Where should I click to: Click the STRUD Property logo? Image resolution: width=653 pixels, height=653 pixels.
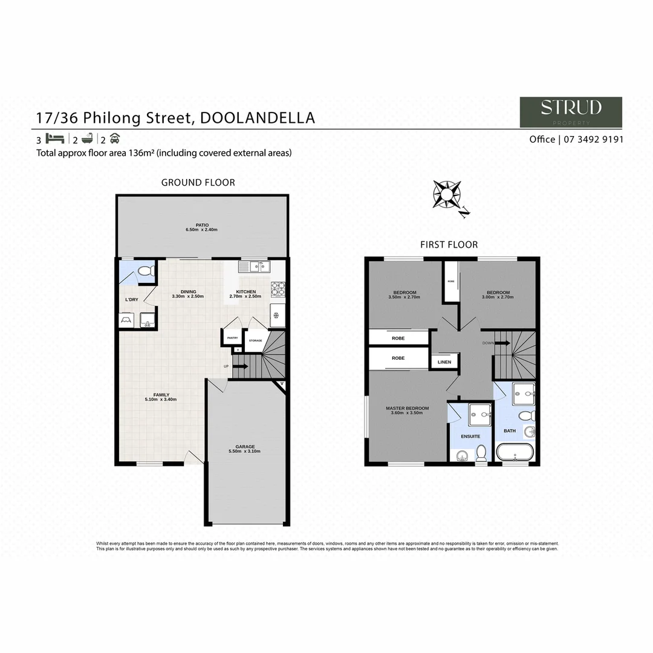tap(571, 112)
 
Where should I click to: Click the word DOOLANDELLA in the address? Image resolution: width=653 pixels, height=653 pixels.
tap(257, 117)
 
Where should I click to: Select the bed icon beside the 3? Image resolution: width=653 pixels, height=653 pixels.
tap(54, 138)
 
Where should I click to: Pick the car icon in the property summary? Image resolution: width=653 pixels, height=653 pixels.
tap(115, 138)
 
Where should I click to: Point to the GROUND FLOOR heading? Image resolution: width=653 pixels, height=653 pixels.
tap(198, 182)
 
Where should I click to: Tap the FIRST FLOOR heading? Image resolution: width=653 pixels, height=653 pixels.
tap(449, 244)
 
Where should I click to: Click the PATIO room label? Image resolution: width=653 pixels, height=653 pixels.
tap(202, 225)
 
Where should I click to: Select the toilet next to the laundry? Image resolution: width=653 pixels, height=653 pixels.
tap(145, 272)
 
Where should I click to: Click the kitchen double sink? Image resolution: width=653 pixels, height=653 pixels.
tap(254, 266)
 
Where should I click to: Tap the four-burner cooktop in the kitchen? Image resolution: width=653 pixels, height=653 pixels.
tap(278, 289)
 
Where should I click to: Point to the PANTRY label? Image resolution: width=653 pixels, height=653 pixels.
tap(232, 338)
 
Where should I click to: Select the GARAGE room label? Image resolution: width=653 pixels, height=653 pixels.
tap(245, 447)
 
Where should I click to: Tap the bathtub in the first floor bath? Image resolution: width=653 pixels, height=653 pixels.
tap(515, 452)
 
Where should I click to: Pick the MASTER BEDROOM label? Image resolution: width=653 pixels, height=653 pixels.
tap(407, 408)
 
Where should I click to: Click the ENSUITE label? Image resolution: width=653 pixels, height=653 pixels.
tap(470, 435)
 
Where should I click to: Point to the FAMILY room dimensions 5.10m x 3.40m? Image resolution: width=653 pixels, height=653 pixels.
tap(161, 399)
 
